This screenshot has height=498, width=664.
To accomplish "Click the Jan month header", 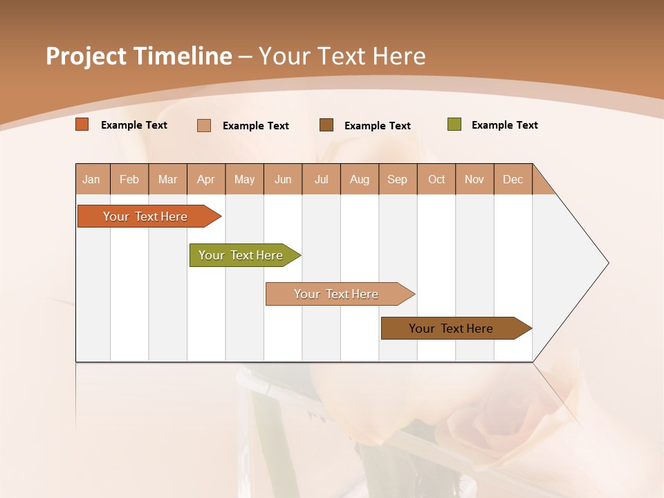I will pyautogui.click(x=91, y=179).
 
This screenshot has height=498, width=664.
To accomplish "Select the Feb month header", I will pyautogui.click(x=129, y=179).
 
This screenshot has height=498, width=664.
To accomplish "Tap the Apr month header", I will pyautogui.click(x=206, y=179).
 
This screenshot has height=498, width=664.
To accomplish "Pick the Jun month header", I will pyautogui.click(x=283, y=179).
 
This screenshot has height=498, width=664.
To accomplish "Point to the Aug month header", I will pyautogui.click(x=360, y=179).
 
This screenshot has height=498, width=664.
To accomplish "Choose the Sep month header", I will pyautogui.click(x=398, y=179).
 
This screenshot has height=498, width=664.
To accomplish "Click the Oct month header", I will pyautogui.click(x=436, y=179).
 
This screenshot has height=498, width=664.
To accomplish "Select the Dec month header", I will pyautogui.click(x=513, y=179).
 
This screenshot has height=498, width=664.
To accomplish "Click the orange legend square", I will pyautogui.click(x=82, y=124).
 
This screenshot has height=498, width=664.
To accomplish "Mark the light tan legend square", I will pyautogui.click(x=204, y=125).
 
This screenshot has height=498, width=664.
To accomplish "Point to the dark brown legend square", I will pyautogui.click(x=326, y=124).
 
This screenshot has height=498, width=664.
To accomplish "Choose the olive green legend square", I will pyautogui.click(x=454, y=124).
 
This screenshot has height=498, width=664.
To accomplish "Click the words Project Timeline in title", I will pyautogui.click(x=139, y=56).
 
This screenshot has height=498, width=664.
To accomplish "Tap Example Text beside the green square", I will pyautogui.click(x=504, y=125).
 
